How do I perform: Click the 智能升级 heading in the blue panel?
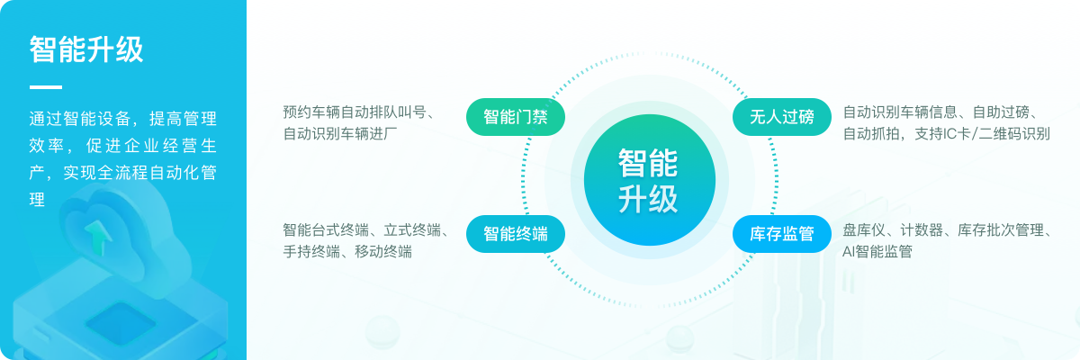click(x=86, y=49)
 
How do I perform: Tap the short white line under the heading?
click(x=46, y=87)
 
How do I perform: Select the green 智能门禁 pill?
click(x=516, y=117)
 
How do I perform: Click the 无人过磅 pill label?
click(x=781, y=117)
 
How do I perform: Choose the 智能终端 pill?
click(x=516, y=234)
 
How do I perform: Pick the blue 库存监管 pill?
click(x=781, y=234)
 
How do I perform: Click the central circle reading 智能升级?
click(x=649, y=180)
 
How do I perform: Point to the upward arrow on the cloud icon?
click(x=99, y=237)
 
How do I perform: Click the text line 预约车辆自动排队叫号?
click(x=355, y=112)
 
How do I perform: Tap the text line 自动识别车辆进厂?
click(x=340, y=133)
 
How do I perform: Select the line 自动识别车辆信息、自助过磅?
click(x=936, y=112)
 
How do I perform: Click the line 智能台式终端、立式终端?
click(x=362, y=229)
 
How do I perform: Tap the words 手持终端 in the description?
click(x=311, y=251)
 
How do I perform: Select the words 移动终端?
click(x=383, y=251)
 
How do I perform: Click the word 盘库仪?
click(x=864, y=229)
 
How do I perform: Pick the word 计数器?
click(x=922, y=229)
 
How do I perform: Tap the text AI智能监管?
click(x=877, y=251)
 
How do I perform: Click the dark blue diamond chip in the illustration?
click(x=121, y=323)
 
